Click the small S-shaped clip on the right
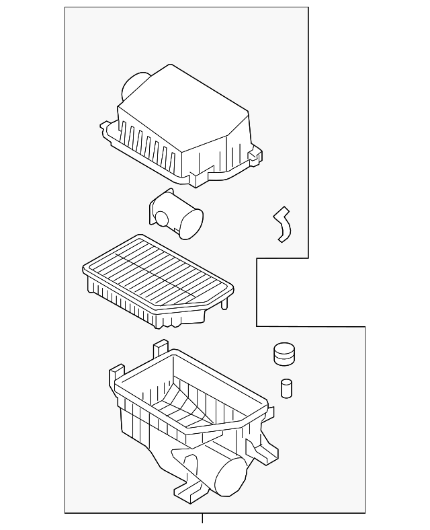[281, 223]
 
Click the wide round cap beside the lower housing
[286, 354]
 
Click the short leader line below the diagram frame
[202, 519]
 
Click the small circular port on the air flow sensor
[161, 217]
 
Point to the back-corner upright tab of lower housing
[161, 349]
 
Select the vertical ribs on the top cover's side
[151, 144]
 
